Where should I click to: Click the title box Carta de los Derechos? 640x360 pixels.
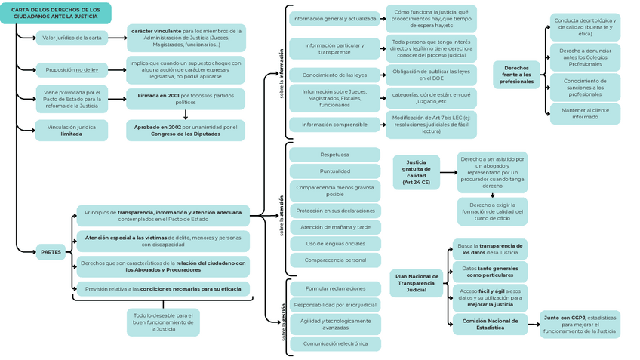coord(56,13)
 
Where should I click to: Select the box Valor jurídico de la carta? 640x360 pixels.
coord(72,38)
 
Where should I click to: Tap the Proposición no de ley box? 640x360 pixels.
coord(72,69)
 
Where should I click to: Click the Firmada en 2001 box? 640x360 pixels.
coord(185,99)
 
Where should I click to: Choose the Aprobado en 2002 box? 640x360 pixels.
coord(185,130)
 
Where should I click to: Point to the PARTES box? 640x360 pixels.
coord(51,252)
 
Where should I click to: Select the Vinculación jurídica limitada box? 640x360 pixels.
coord(72,130)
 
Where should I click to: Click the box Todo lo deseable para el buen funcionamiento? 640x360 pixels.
coord(163,322)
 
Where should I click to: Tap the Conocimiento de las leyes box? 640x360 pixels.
coord(334,75)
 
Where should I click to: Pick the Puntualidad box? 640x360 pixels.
coord(334,171)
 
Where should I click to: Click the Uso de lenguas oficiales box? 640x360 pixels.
coord(335,244)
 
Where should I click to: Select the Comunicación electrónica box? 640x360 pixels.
coord(335,343)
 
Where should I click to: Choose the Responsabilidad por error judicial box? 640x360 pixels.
coord(335,305)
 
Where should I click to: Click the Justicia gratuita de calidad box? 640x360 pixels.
coord(417,173)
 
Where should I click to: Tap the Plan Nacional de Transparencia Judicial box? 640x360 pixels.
coord(417,283)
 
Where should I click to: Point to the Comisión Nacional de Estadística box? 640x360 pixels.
coord(491,324)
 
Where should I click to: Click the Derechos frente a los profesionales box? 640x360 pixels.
coord(516,75)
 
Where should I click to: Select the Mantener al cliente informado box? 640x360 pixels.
coord(585,113)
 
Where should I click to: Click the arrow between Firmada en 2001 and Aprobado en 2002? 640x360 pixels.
coord(186,114)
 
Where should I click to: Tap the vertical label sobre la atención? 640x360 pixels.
coord(282,215)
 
